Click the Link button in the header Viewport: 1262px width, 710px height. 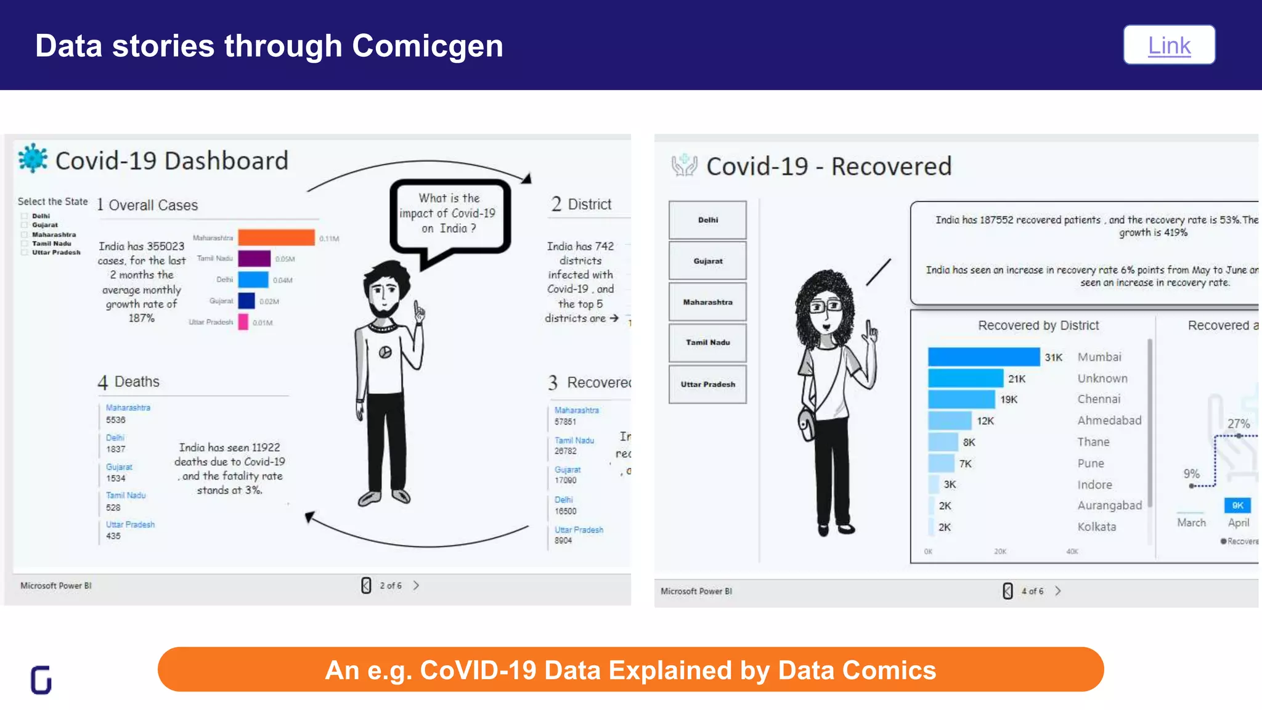pos(1169,45)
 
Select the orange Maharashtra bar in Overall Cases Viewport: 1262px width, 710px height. pos(276,237)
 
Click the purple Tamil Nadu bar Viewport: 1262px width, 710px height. pos(254,258)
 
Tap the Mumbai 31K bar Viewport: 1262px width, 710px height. pos(983,357)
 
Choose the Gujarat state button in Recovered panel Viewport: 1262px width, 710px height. pos(707,261)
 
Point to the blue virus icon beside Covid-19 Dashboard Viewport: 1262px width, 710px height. pos(33,158)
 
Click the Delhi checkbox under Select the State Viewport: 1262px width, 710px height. pos(25,216)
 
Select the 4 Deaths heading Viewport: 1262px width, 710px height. pos(129,382)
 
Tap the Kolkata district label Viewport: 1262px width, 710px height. pos(1096,527)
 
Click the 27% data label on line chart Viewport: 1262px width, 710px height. pos(1238,423)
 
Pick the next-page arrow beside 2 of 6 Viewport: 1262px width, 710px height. pos(416,586)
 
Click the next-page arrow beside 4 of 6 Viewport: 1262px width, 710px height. pos(1058,591)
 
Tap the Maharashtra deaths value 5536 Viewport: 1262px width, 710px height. pos(115,420)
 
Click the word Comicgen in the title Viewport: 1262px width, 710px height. pos(427,46)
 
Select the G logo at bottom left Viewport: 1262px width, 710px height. pos(41,680)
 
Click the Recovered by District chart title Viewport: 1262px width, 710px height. pos(1038,325)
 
